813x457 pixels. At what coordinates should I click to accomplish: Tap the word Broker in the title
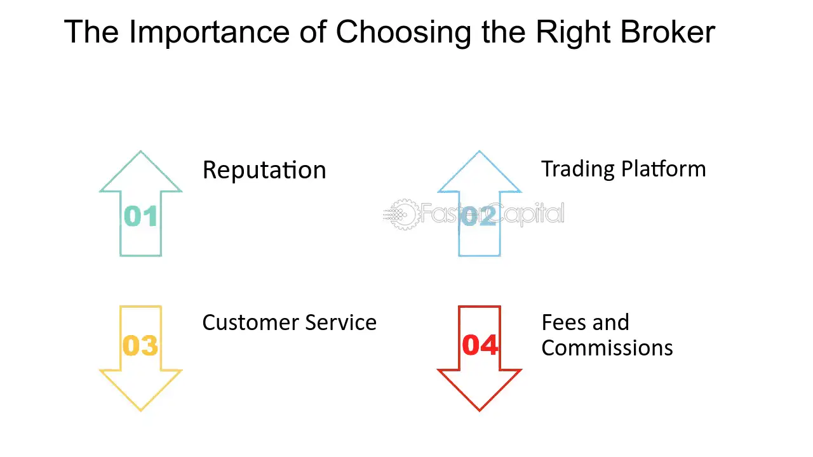pyautogui.click(x=668, y=32)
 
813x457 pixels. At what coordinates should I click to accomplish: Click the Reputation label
pyautogui.click(x=264, y=170)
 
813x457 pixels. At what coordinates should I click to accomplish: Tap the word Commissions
pyautogui.click(x=607, y=348)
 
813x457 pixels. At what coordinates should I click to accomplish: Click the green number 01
pyautogui.click(x=140, y=216)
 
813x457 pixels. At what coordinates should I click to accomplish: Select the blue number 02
pyautogui.click(x=479, y=216)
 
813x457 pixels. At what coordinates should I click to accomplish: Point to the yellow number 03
pyautogui.click(x=140, y=345)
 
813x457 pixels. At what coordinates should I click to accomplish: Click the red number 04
pyautogui.click(x=480, y=345)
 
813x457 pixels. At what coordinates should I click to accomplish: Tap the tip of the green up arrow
pyautogui.click(x=140, y=151)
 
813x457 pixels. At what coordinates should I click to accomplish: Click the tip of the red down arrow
pyautogui.click(x=480, y=411)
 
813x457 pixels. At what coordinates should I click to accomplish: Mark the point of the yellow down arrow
pyautogui.click(x=140, y=411)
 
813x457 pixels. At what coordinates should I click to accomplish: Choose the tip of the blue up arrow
pyautogui.click(x=479, y=151)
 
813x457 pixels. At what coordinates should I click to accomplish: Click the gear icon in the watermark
pyautogui.click(x=403, y=215)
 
